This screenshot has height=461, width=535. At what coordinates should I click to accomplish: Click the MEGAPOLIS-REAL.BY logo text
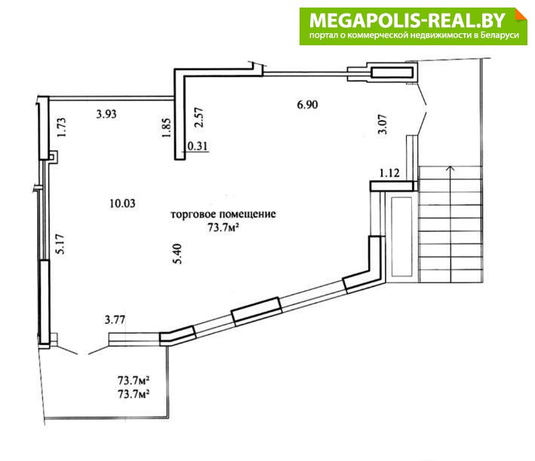coord(407,20)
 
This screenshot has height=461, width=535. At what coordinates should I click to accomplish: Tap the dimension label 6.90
coord(307,104)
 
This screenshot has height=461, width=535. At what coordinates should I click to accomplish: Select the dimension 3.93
coord(106,114)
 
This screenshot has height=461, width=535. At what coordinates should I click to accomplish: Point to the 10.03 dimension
coord(122,204)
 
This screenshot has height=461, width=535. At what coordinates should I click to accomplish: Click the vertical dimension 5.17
coord(60,244)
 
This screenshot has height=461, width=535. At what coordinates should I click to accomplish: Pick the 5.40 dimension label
coord(177,254)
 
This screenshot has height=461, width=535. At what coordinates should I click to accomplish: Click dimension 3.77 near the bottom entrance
coord(115,320)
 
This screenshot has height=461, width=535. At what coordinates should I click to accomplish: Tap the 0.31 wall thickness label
coord(198,146)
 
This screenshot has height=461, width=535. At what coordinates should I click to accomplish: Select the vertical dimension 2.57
coord(199,118)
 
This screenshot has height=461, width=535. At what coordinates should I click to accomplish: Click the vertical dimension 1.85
coord(166,128)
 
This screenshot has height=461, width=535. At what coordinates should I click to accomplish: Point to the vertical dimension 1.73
coord(61,128)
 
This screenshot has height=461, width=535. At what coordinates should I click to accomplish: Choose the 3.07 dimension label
coord(383,124)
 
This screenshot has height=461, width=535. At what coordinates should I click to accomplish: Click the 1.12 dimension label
coord(389,174)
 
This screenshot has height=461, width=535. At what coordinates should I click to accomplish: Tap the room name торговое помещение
coord(223,214)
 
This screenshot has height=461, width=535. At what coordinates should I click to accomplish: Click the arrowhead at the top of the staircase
coord(450,167)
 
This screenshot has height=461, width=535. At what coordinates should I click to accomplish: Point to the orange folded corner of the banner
coord(521,15)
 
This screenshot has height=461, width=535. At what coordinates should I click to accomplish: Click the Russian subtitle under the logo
coord(414,35)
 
